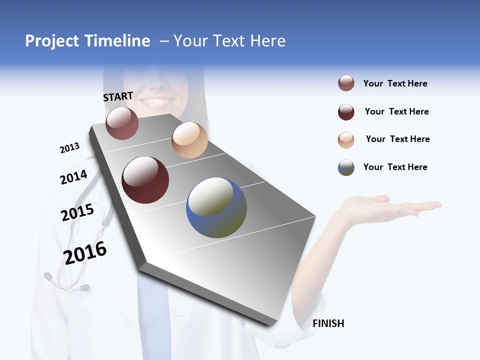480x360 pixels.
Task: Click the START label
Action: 118,96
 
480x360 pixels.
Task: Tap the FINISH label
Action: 328,323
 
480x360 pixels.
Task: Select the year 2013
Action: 69,148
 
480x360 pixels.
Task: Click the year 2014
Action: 73,177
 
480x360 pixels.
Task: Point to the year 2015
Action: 77,212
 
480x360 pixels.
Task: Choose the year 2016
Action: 85,253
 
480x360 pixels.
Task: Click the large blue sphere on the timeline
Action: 216,207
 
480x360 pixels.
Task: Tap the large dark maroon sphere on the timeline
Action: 145,180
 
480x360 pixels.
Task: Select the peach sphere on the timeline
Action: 189,140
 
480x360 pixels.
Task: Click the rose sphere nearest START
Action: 122,123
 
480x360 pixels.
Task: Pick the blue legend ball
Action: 346,167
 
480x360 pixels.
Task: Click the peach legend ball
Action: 346,140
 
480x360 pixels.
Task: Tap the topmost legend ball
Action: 346,83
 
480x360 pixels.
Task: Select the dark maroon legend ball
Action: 346,112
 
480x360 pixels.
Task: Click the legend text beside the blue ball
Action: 395,167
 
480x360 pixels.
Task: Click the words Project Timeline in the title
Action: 87,41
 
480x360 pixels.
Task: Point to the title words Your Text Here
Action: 229,41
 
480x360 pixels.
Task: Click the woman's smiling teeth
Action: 156,102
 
